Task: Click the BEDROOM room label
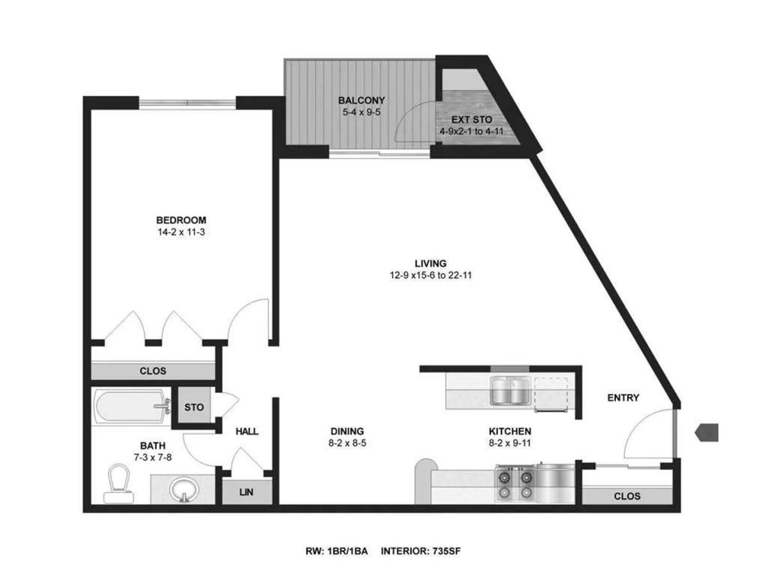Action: click(181, 220)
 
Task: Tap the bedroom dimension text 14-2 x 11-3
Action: click(181, 232)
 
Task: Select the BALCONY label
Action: click(361, 100)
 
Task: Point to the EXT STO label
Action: click(472, 119)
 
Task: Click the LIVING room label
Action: click(430, 263)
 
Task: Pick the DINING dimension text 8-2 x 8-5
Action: click(347, 443)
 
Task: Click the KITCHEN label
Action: click(510, 431)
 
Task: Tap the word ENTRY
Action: click(623, 397)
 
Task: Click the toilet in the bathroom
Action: click(119, 484)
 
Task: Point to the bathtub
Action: click(131, 408)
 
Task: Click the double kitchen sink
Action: click(511, 390)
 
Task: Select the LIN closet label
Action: click(246, 492)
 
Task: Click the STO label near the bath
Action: click(193, 407)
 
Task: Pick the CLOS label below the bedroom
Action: click(153, 371)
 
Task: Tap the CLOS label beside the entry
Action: click(627, 496)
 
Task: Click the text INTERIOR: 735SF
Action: click(421, 551)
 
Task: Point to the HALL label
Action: click(247, 431)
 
